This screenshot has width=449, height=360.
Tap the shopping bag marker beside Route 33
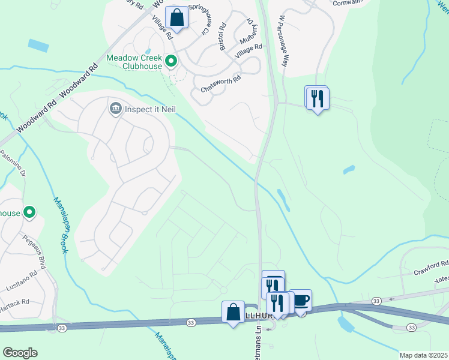(x=233, y=312)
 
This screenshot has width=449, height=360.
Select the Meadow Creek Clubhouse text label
(x=134, y=62)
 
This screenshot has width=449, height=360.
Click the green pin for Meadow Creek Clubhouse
(x=171, y=61)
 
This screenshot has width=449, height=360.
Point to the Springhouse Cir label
(x=205, y=14)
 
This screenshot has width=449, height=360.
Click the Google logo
(x=20, y=352)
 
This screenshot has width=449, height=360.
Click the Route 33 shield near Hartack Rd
(x=62, y=328)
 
